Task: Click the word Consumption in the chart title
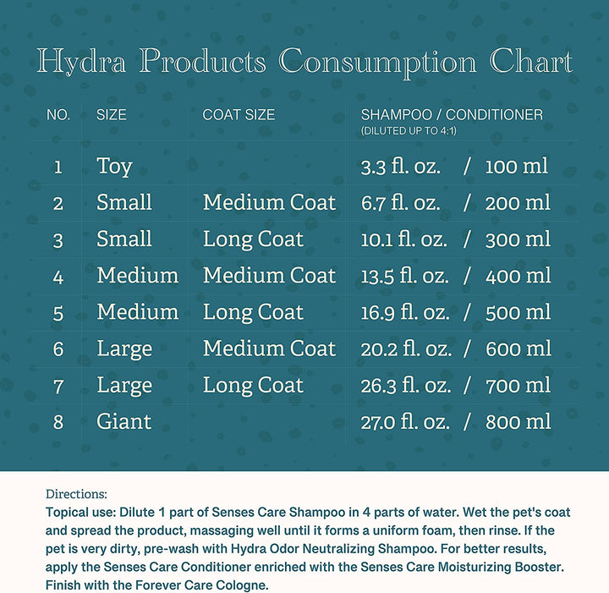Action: coord(377,63)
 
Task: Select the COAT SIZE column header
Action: coord(239,114)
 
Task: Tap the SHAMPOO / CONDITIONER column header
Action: coord(452,114)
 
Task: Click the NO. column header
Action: coord(58,114)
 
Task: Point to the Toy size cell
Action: coord(114,166)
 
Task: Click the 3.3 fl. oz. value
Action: coord(401,166)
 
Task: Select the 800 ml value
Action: coord(518,421)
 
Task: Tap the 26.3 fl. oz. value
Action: coord(405,385)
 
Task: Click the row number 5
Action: coord(58,313)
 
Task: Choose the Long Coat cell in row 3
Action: coord(253,239)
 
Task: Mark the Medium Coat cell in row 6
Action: coord(269,349)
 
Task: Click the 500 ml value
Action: coord(518,312)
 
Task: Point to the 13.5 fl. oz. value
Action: coord(405,276)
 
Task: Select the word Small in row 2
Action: coord(124,203)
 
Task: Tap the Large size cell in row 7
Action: coord(124,385)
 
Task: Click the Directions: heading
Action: coord(77,494)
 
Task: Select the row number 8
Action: coord(58,422)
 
